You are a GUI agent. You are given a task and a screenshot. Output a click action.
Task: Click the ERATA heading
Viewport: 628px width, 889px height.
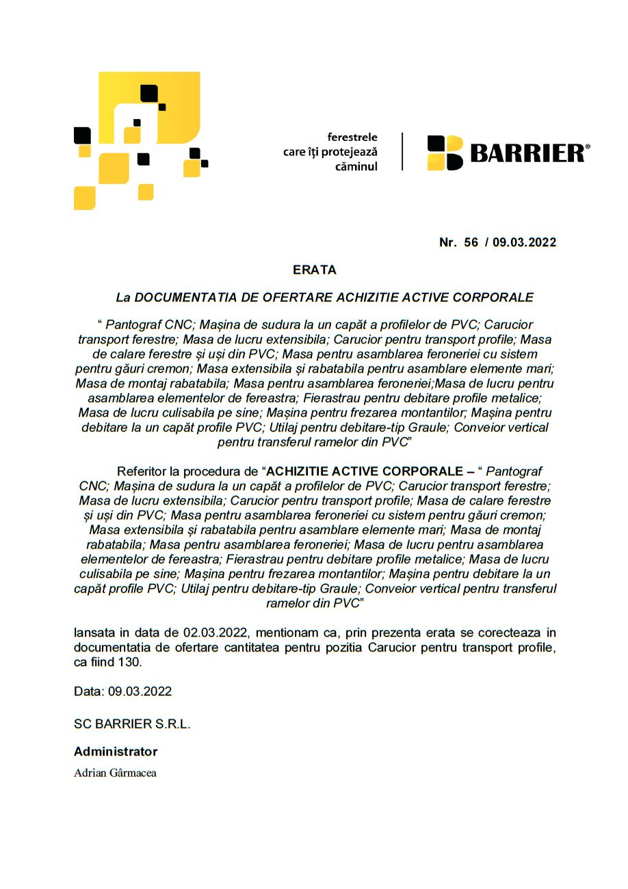pyautogui.click(x=315, y=270)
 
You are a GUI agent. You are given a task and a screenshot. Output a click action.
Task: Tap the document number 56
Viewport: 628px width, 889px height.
pyautogui.click(x=471, y=242)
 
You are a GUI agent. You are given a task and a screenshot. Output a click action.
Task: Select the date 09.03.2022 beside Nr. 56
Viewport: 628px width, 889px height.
pyautogui.click(x=524, y=242)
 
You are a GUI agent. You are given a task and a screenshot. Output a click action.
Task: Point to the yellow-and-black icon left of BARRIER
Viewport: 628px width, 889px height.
pyautogui.click(x=445, y=153)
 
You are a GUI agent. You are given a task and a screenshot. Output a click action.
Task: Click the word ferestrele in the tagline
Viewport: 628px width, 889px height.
pyautogui.click(x=352, y=137)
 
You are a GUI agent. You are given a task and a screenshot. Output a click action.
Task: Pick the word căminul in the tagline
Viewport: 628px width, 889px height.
pyautogui.click(x=356, y=166)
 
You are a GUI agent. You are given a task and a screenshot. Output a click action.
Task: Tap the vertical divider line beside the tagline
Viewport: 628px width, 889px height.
pyautogui.click(x=402, y=152)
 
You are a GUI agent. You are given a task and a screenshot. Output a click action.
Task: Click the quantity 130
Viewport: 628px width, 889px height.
pyautogui.click(x=129, y=662)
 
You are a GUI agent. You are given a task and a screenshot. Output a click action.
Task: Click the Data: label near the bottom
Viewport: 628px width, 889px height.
pyautogui.click(x=89, y=691)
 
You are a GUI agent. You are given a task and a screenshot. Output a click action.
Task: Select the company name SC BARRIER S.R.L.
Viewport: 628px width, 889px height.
pyautogui.click(x=132, y=724)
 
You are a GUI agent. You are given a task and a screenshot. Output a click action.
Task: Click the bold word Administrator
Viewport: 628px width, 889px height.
pyautogui.click(x=116, y=752)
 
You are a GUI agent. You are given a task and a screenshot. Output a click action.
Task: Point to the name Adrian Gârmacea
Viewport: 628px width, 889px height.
pyautogui.click(x=115, y=773)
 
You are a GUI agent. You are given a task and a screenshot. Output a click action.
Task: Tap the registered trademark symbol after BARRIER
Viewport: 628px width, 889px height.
pyautogui.click(x=588, y=146)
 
